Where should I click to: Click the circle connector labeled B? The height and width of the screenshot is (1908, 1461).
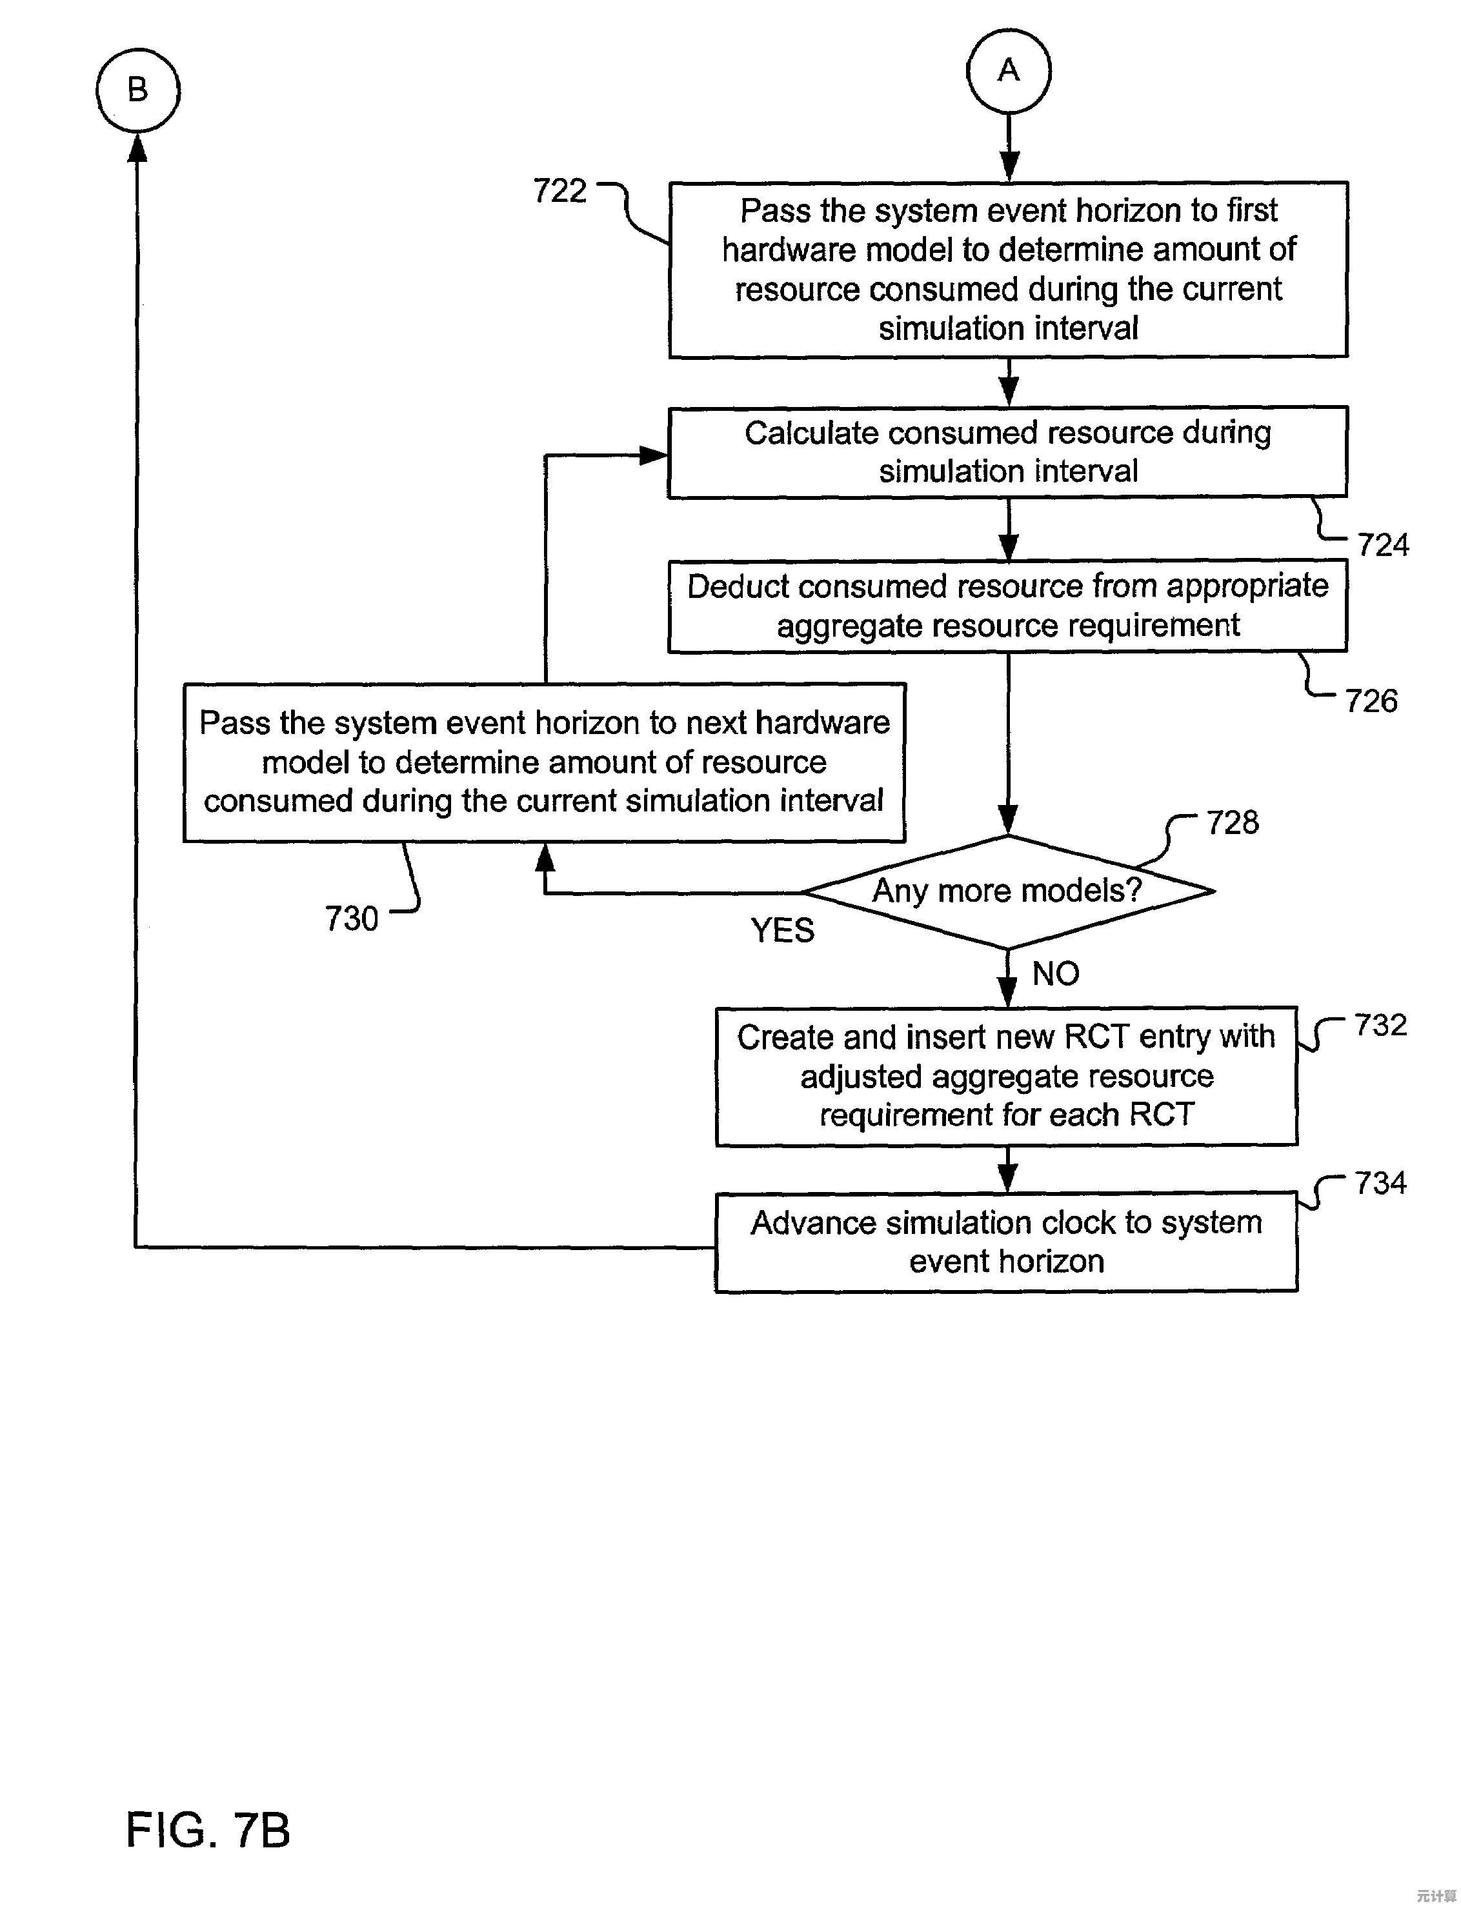137,90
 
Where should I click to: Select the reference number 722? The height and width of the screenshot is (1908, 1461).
560,191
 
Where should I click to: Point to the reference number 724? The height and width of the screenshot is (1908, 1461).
1383,545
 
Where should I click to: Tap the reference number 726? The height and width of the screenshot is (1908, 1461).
1371,701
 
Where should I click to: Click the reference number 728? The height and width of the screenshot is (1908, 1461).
1233,822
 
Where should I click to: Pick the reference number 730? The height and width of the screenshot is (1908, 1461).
351,919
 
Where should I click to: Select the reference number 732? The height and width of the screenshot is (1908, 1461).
1380,1026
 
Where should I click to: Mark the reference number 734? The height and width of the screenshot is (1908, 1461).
1380,1183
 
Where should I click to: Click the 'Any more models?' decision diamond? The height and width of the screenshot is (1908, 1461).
1007,891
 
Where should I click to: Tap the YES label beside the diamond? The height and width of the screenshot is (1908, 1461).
783,931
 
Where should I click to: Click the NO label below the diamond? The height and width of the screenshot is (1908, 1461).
1056,973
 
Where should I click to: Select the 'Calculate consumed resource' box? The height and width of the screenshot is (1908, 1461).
1007,452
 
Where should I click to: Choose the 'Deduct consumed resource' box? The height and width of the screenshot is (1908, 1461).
1007,606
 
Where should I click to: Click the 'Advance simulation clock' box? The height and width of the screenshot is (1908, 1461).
1006,1242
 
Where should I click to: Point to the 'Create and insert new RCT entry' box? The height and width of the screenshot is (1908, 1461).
1006,1076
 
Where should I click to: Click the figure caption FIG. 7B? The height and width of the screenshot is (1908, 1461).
208,1830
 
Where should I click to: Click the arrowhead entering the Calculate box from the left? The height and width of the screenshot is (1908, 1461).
653,455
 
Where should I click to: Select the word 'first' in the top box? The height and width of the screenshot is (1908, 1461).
1251,210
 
